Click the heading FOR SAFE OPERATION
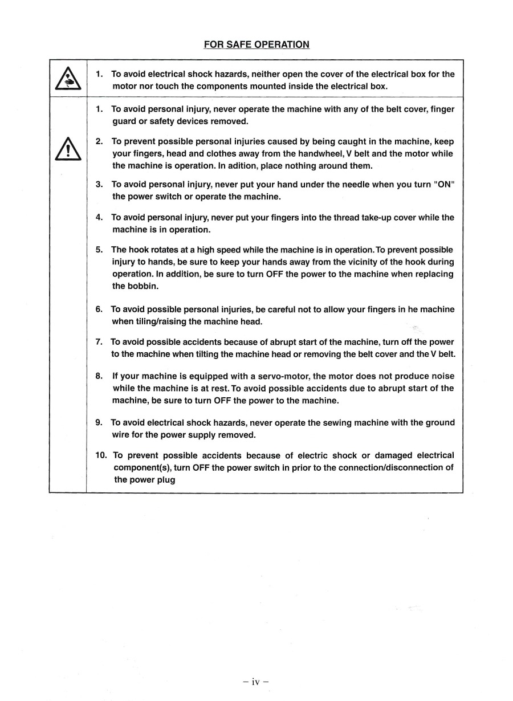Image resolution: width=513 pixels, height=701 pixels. pyautogui.click(x=256, y=44)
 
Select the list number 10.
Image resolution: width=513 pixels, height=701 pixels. pyautogui.click(x=101, y=455)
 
